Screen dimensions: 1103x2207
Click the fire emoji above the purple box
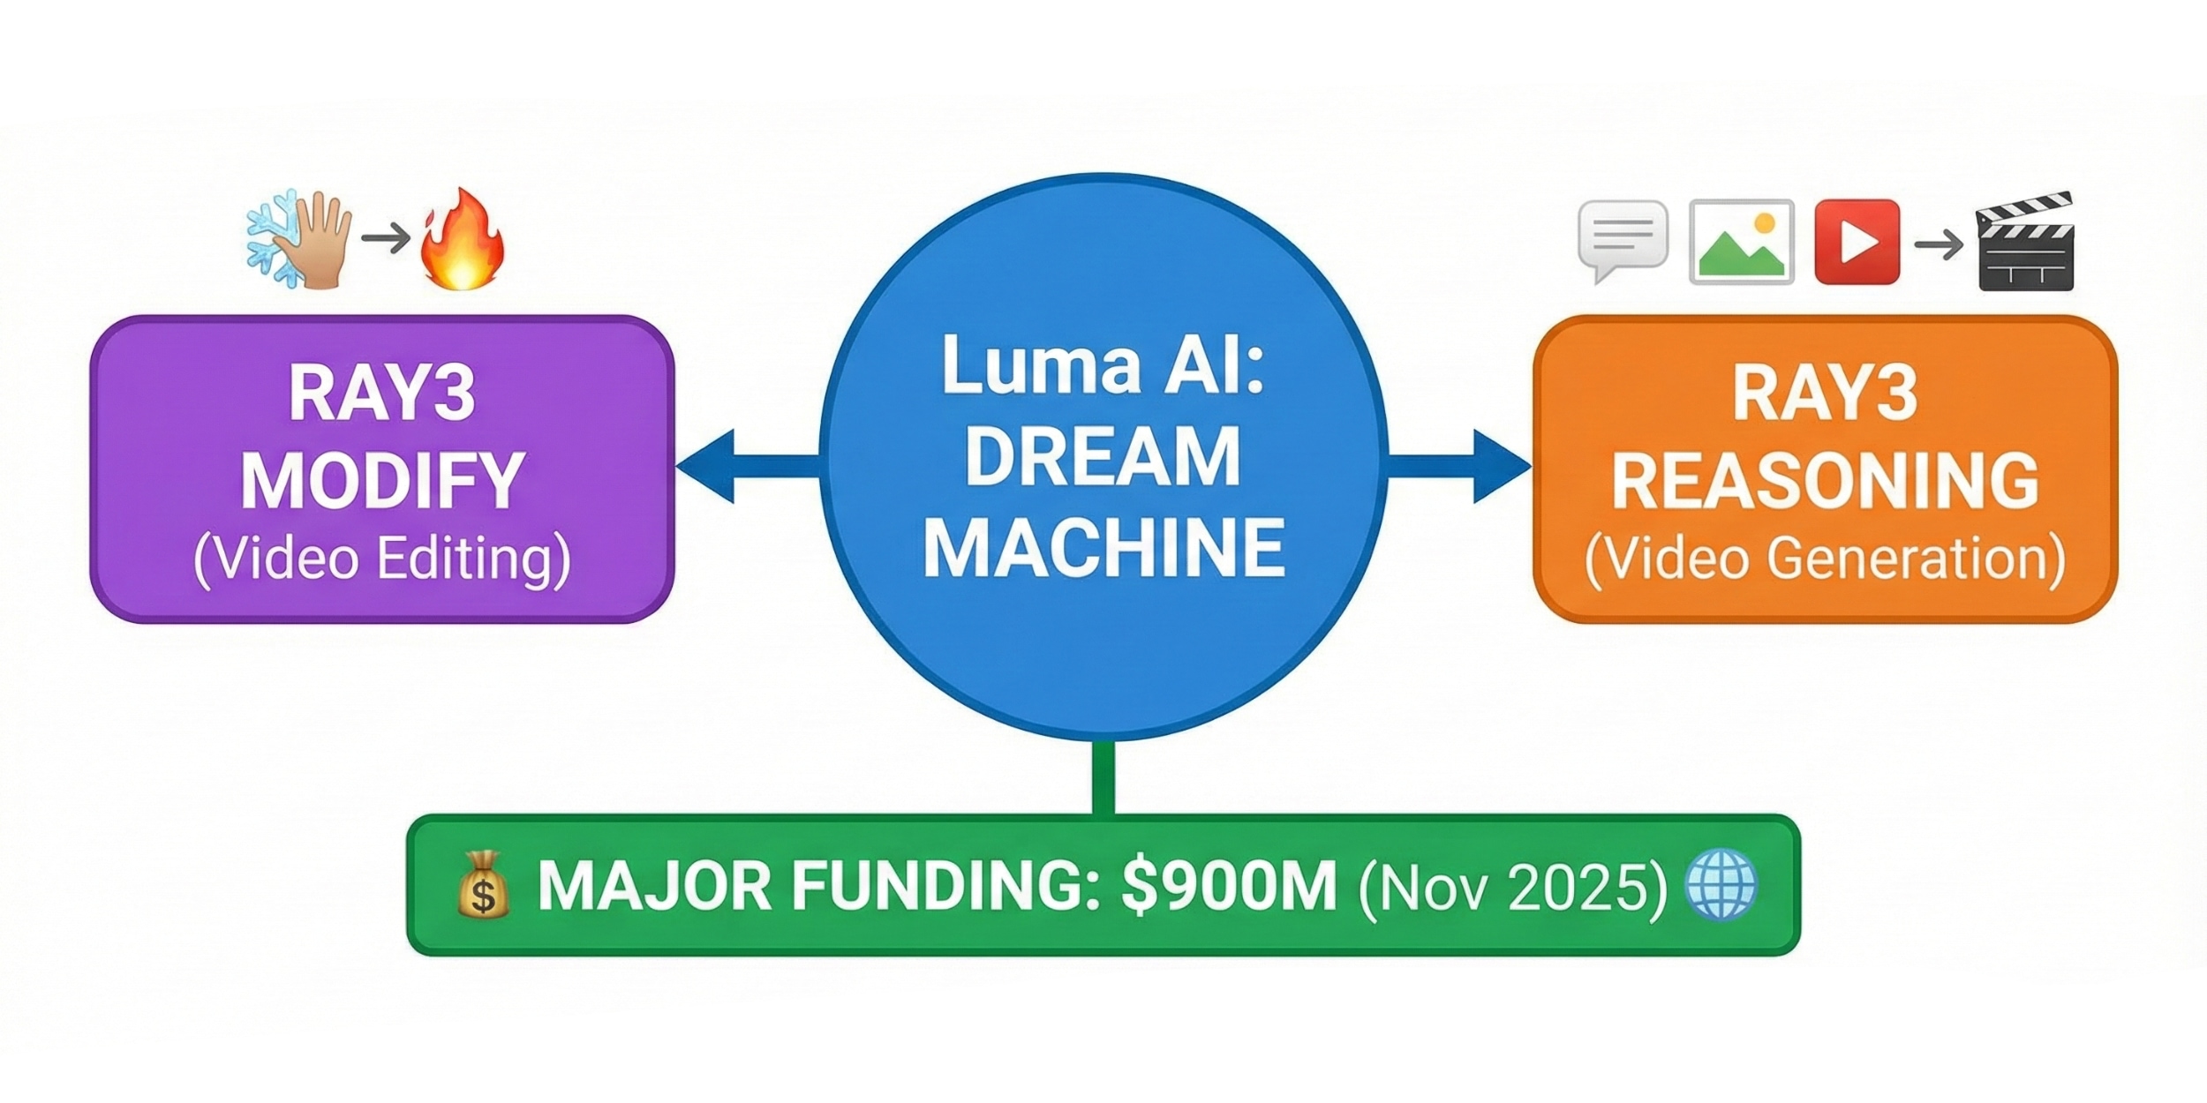click(462, 240)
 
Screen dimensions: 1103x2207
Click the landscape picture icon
click(1741, 242)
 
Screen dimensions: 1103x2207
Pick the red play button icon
click(1857, 242)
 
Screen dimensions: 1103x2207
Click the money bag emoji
click(483, 885)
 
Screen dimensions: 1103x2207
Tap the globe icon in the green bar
click(1721, 885)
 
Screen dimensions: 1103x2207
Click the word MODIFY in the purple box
click(382, 481)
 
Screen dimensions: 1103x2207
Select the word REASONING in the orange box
click(1825, 481)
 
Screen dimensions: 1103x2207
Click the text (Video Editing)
click(382, 559)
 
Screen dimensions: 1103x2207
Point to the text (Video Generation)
click(1825, 559)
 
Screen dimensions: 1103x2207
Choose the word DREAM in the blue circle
click(1103, 457)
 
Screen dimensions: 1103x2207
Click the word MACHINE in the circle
click(1103, 548)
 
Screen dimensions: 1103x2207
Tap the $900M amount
click(1229, 886)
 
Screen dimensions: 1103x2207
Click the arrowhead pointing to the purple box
click(706, 467)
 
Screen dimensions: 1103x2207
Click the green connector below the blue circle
click(1103, 777)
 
